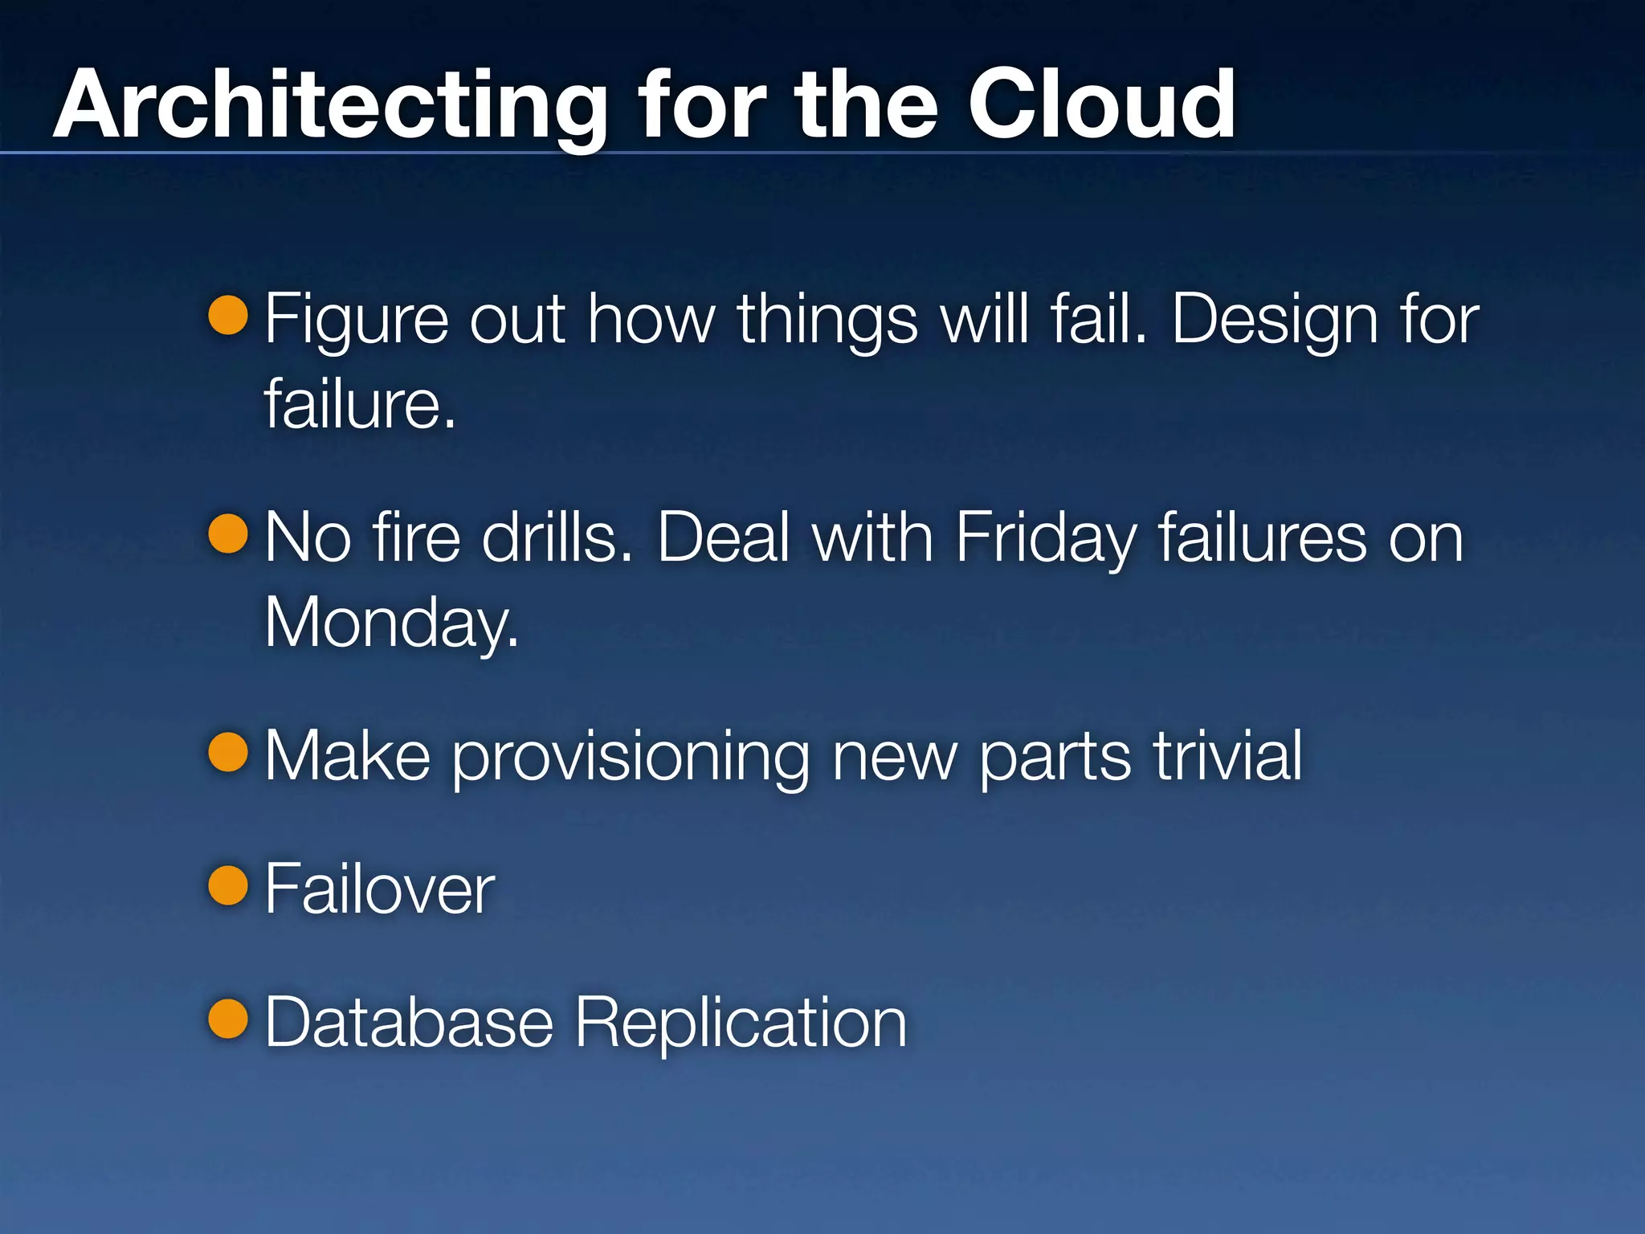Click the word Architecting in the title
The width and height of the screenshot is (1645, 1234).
(x=329, y=106)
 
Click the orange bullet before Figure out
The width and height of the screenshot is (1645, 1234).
(x=228, y=314)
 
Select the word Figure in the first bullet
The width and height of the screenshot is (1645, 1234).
(x=355, y=321)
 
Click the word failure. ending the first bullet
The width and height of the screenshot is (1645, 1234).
(x=359, y=404)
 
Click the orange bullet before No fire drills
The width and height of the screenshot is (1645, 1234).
(x=228, y=533)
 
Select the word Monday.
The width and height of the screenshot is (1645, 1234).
(x=391, y=623)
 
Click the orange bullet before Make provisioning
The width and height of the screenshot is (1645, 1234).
(x=228, y=752)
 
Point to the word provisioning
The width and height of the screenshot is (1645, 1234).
(x=631, y=758)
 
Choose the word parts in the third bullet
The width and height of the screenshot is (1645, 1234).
(x=1055, y=758)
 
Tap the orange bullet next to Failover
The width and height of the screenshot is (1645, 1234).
(x=228, y=885)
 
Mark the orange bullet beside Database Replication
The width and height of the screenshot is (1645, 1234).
(x=228, y=1019)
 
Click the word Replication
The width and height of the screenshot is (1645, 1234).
(x=741, y=1024)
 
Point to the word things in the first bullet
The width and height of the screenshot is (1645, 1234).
(x=827, y=321)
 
